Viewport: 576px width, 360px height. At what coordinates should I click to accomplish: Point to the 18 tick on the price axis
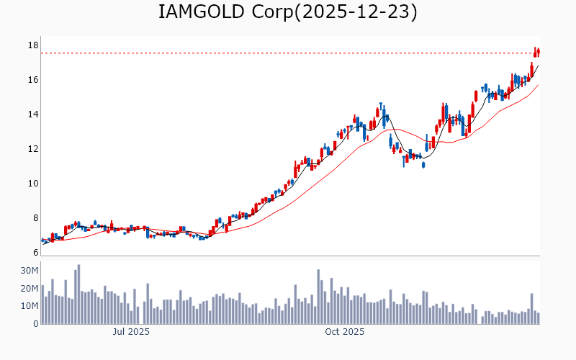32,45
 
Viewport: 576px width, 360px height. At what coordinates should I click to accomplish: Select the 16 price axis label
32,80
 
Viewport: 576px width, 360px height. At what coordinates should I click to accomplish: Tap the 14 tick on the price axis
32,114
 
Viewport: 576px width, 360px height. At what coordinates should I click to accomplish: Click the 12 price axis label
32,149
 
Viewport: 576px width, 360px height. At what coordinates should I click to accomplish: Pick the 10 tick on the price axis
32,184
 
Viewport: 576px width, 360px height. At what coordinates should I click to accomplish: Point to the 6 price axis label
35,253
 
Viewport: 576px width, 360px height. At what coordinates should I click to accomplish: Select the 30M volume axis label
29,271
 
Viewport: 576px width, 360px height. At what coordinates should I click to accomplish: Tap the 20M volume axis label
29,289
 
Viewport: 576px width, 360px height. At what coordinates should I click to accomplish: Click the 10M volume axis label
29,306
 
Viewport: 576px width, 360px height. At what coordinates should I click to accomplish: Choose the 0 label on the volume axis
35,324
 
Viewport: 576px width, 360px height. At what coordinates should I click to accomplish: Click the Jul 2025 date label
131,332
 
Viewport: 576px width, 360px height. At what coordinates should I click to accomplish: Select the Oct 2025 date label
344,332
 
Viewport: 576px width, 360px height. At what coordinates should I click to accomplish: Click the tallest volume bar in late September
318,297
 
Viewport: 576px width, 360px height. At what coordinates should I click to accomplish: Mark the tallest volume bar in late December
532,308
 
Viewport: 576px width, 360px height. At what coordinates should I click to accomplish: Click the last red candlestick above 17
539,51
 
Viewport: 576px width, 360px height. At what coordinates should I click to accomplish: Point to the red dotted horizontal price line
288,53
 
